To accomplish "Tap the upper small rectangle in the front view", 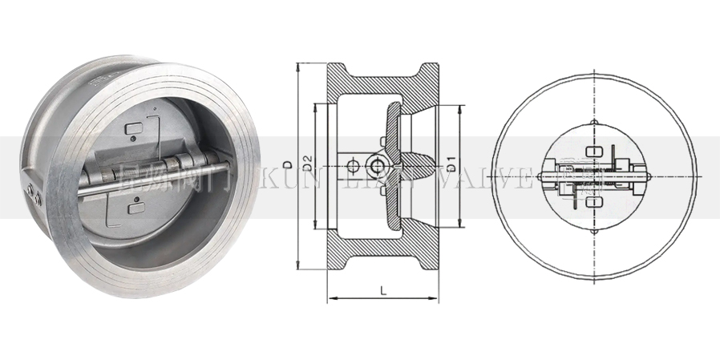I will [593, 150].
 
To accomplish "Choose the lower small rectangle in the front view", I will [593, 203].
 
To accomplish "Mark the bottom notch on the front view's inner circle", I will [593, 231].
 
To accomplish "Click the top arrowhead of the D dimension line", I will [298, 66].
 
